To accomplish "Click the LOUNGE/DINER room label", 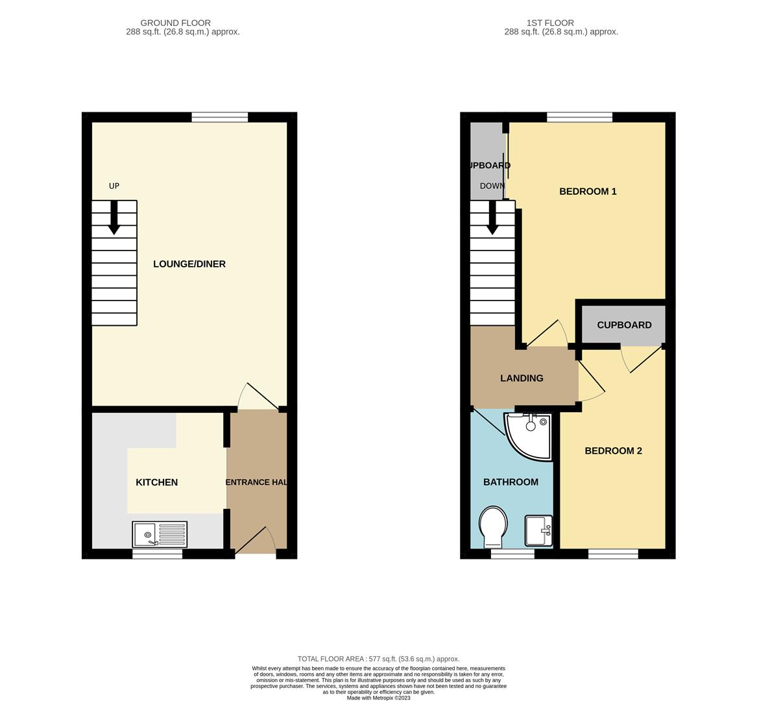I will [189, 264].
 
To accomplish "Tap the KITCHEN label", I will [156, 482].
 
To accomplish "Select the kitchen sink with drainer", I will [160, 534].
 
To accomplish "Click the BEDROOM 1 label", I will [588, 191].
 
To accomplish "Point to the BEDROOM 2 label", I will [613, 451].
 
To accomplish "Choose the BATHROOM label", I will [511, 482].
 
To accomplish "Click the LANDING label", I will [522, 378].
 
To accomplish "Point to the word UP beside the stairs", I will [114, 186].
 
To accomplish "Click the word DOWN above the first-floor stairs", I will [492, 186].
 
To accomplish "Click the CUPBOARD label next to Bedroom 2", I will [624, 325].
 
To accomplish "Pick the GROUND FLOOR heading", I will [175, 23].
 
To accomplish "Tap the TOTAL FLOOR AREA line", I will [378, 659].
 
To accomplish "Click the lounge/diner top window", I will [220, 117].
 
